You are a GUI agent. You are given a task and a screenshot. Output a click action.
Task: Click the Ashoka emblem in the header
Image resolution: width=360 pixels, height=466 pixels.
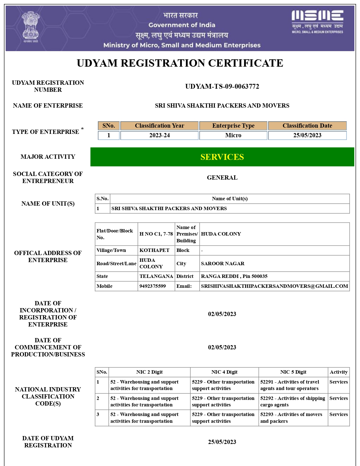(x=30, y=27)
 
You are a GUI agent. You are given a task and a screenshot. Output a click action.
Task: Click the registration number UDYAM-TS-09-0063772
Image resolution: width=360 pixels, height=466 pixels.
(x=222, y=86)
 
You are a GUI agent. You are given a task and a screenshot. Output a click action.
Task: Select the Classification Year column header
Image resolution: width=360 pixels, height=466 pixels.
(x=159, y=126)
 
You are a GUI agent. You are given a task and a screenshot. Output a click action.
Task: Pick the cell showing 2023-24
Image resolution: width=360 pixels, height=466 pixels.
(x=159, y=135)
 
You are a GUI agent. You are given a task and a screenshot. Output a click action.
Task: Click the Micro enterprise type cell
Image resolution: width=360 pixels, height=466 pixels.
(x=233, y=135)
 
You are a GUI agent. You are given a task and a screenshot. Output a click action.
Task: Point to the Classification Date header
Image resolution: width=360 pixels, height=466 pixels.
(x=307, y=126)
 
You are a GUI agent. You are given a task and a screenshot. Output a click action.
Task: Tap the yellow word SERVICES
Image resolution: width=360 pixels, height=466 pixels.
(x=222, y=157)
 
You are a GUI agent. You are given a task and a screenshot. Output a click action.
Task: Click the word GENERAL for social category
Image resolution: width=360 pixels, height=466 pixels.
(x=222, y=178)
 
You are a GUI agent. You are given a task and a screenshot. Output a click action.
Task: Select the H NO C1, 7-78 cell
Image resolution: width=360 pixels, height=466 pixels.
(x=156, y=234)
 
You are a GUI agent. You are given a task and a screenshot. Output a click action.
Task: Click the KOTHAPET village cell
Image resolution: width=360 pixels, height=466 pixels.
(x=154, y=250)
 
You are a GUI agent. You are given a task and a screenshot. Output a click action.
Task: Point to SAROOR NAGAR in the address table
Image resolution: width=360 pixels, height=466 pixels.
(x=222, y=264)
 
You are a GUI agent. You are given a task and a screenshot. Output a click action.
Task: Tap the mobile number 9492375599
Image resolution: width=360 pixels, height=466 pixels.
(x=152, y=286)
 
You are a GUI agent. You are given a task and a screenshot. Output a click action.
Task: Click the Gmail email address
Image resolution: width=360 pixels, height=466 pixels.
(x=274, y=286)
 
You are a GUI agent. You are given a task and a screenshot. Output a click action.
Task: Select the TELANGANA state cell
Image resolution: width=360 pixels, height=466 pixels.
(x=156, y=276)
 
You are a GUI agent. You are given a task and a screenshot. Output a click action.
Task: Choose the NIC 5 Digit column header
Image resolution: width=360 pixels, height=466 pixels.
(x=293, y=372)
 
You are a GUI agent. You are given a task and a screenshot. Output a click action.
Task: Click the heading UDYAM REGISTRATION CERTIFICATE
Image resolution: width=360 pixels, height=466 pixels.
(x=180, y=63)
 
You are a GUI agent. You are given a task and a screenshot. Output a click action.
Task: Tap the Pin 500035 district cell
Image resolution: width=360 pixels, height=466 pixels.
(x=234, y=276)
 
